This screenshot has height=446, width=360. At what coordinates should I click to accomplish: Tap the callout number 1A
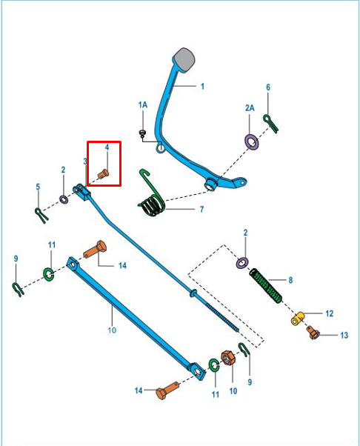point(143,106)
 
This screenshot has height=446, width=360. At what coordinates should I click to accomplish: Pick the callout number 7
point(201,210)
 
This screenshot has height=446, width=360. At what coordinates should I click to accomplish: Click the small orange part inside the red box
point(104,173)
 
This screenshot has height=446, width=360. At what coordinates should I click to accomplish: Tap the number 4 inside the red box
point(107,148)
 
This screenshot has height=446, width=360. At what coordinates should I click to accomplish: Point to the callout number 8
point(290,280)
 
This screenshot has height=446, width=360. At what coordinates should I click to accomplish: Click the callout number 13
point(344,335)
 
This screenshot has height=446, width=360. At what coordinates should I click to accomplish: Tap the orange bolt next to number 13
point(314,333)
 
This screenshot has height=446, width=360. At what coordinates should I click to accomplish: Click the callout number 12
point(329,313)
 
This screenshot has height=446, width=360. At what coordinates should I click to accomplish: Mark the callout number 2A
point(250,107)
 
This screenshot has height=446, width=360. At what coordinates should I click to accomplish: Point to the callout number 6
point(268,87)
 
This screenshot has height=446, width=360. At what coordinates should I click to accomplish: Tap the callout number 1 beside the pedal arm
point(202,86)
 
